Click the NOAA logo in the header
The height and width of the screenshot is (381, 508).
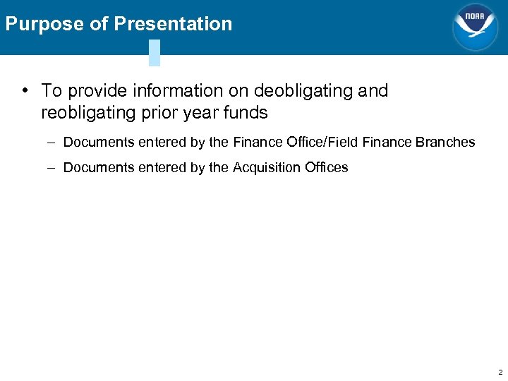tap(475, 27)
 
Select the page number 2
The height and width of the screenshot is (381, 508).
tap(500, 372)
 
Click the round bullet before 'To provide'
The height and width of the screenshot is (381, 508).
tap(25, 91)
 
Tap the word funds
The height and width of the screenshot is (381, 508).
tap(246, 113)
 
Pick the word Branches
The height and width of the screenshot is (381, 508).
tap(445, 143)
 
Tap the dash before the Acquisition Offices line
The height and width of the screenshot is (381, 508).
tap(54, 168)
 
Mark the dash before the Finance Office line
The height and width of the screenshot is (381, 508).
tap(54, 143)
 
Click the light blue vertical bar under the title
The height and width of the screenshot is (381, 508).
tap(155, 53)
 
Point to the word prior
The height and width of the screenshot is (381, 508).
tap(159, 113)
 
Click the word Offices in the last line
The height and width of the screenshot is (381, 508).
tap(325, 168)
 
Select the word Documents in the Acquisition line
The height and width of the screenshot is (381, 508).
tap(96, 168)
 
